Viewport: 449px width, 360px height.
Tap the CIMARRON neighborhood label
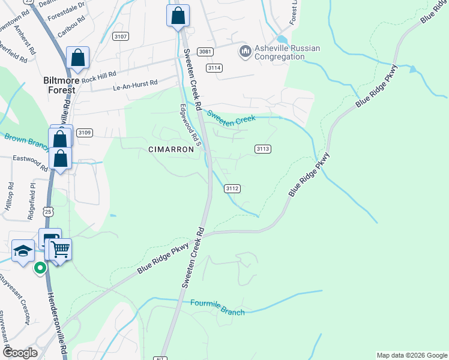point(172,149)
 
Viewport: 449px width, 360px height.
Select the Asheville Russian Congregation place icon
point(244,52)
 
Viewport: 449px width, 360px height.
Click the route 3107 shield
point(120,37)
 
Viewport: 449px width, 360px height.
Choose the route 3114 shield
point(214,68)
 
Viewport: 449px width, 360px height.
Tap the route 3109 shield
point(84,133)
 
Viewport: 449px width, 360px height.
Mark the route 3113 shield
point(262,149)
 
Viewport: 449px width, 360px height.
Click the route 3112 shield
point(233,188)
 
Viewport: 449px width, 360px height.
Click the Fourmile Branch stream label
point(217,308)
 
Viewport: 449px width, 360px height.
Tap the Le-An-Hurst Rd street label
point(135,86)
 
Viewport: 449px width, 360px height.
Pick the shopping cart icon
point(60,249)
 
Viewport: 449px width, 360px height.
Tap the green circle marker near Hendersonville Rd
point(40,268)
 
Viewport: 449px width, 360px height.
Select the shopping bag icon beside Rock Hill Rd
point(77,58)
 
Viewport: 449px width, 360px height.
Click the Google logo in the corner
point(20,353)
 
